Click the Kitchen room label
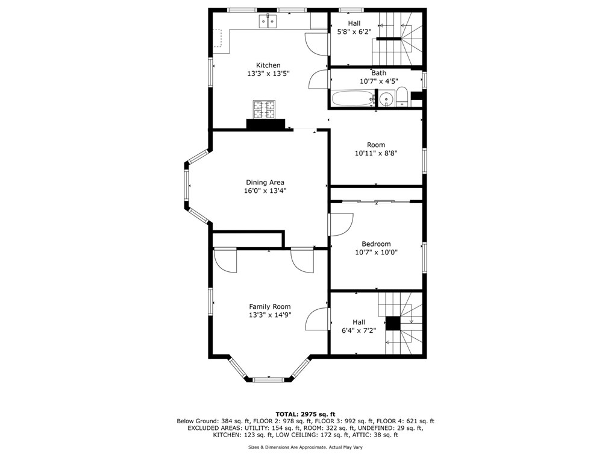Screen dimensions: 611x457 pos(268,65)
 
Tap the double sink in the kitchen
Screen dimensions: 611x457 pos(268,21)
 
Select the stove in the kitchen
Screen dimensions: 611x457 pos(264,109)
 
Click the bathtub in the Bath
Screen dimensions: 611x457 pos(353,98)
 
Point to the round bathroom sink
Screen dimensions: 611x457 pos(386,99)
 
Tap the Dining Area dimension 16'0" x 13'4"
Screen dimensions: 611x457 pos(265,191)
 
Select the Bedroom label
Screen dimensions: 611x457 pos(376,244)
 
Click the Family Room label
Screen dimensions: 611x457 pos(270,306)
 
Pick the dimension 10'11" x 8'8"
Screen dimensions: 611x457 pos(376,153)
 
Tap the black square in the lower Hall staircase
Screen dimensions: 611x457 pos(393,323)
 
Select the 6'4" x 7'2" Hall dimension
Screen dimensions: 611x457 pos(359,330)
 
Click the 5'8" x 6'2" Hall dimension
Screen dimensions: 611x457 pos(354,31)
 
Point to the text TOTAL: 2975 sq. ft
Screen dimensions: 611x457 pos(305,414)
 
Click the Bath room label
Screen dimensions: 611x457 pos(379,73)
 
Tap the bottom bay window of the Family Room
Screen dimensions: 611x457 pos(269,379)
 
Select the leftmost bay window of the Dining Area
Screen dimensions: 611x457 pos(187,186)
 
